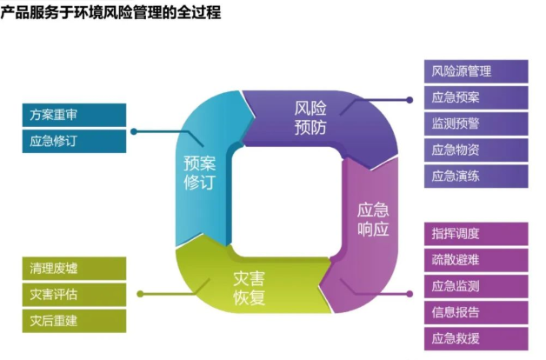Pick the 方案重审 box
(73, 114)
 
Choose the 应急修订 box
(73, 140)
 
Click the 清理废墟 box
(73, 268)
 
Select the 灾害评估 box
(73, 294)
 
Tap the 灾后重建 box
(73, 320)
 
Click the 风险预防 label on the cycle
(310, 117)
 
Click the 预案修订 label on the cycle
(200, 173)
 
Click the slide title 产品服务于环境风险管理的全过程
(110, 12)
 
